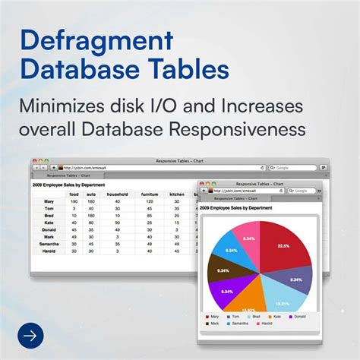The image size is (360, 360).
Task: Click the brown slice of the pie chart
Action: pyautogui.click(x=225, y=270)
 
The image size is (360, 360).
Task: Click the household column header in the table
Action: pyautogui.click(x=116, y=195)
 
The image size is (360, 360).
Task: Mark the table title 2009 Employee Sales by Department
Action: pyautogui.click(x=68, y=183)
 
